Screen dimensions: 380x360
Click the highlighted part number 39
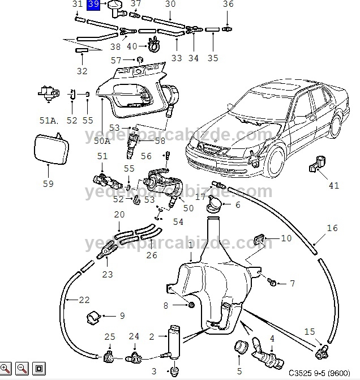tap(94, 5)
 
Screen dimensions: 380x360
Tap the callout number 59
tap(48, 183)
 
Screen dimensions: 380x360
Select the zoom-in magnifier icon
tap(6, 369)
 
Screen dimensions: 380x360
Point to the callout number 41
tap(334, 185)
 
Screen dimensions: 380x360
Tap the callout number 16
tap(332, 228)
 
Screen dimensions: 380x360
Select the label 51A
tap(49, 120)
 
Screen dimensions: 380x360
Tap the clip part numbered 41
tap(315, 165)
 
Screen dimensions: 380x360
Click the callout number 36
tap(228, 5)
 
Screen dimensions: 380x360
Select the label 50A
tap(102, 140)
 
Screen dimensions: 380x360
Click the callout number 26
tap(152, 255)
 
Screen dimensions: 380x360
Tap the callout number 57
tap(116, 60)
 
